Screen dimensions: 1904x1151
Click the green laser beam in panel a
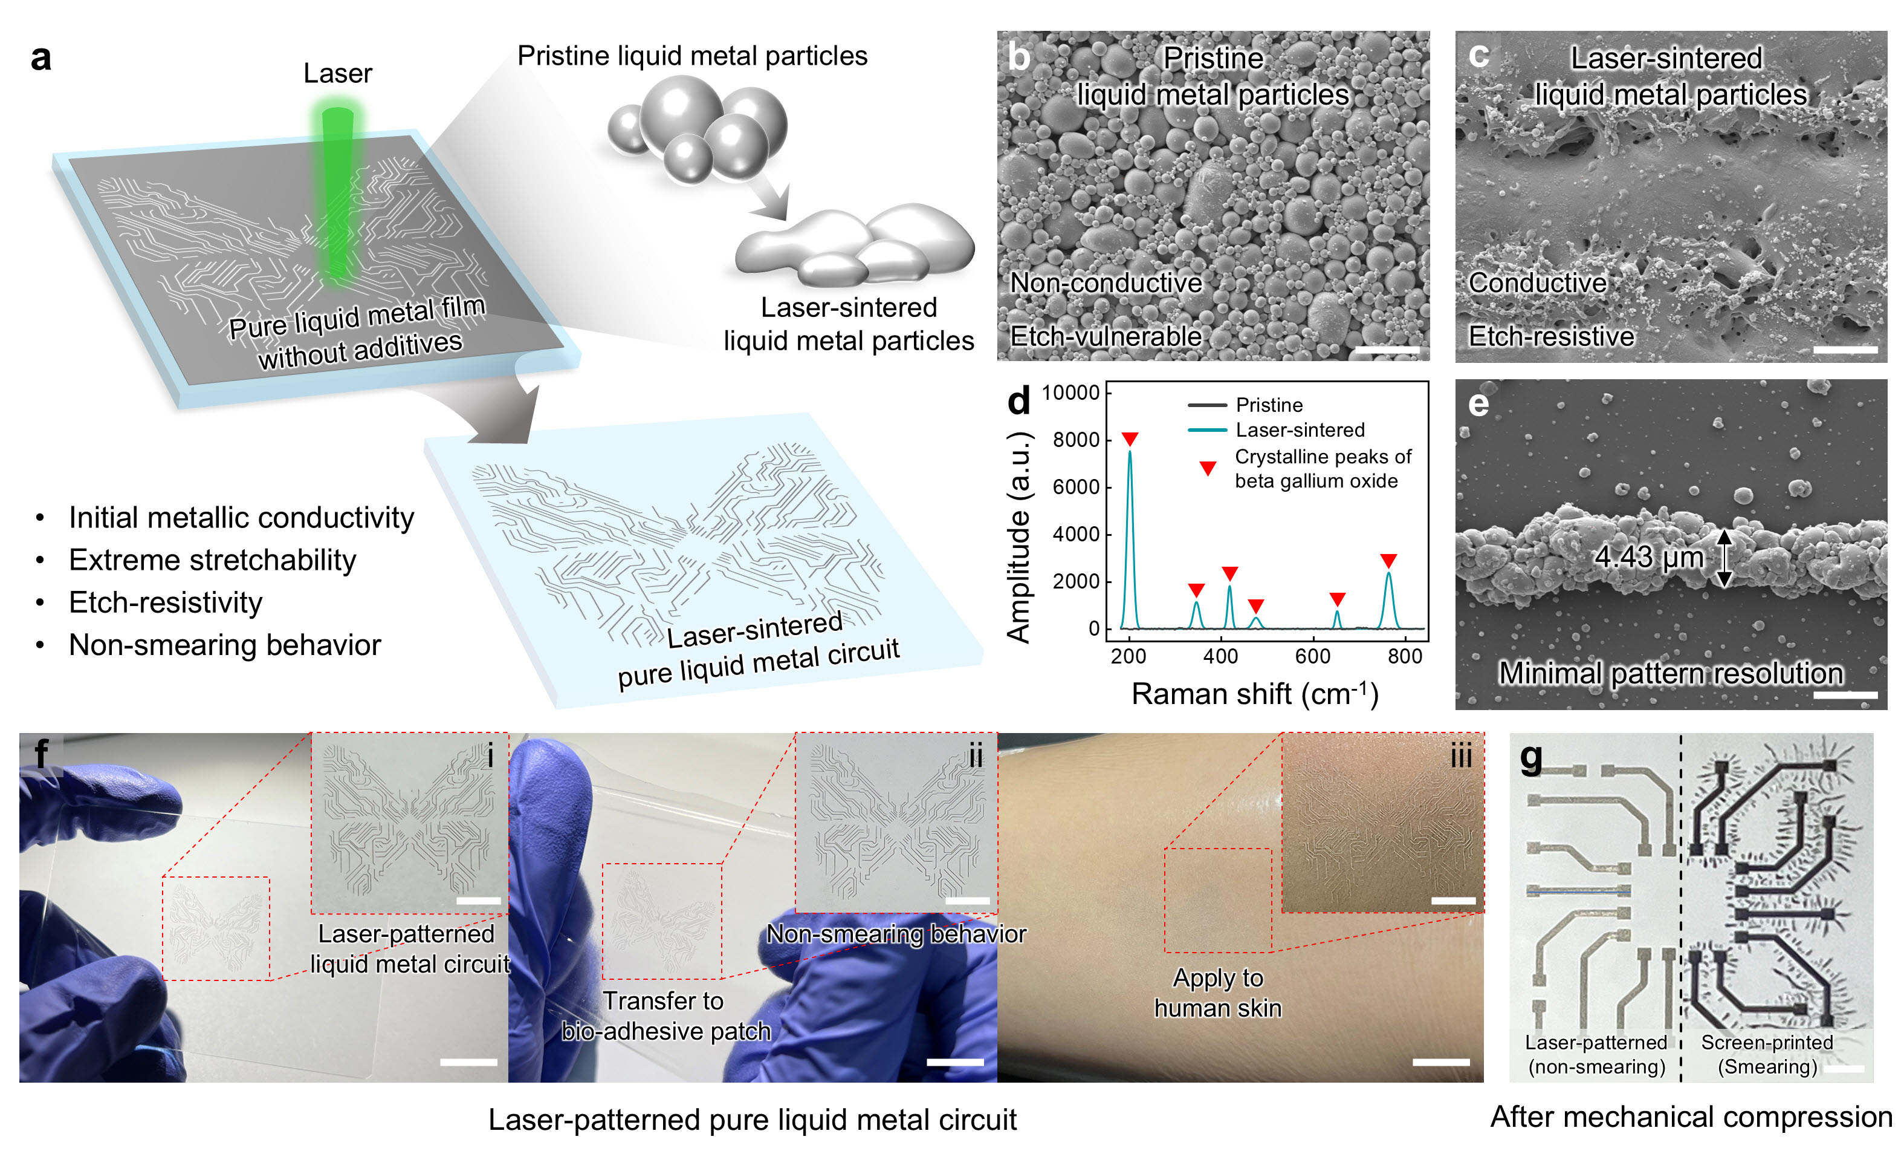(338, 194)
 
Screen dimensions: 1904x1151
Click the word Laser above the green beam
(338, 73)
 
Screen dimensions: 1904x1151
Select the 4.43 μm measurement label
(1649, 556)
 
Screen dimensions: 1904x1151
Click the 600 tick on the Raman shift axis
(1313, 656)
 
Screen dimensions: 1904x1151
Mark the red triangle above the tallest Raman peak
(1130, 439)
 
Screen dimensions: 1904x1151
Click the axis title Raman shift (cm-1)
(1255, 693)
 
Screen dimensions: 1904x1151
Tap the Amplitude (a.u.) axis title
(1019, 537)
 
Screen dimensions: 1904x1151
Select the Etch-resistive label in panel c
(1551, 336)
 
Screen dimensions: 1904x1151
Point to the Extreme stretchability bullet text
(213, 559)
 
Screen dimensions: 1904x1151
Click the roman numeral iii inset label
(1460, 755)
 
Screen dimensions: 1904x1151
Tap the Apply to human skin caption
(1218, 993)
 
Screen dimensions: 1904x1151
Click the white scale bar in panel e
(1845, 695)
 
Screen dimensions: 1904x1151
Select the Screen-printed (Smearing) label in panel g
(1767, 1054)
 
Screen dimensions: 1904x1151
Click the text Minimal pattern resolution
(1671, 673)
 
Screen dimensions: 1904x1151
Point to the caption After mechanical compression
(1691, 1117)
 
